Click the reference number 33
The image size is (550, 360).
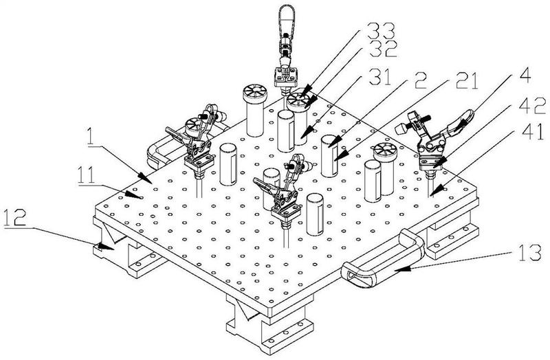pyautogui.click(x=381, y=31)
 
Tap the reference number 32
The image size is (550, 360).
pyautogui.click(x=382, y=49)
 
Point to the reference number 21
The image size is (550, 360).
pyautogui.click(x=466, y=81)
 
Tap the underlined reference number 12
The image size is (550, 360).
pyautogui.click(x=15, y=218)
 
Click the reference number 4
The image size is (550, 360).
pyautogui.click(x=525, y=76)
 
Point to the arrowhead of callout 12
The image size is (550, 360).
pyautogui.click(x=104, y=247)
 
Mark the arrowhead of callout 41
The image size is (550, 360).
pyautogui.click(x=434, y=192)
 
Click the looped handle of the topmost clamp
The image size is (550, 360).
pyautogui.click(x=287, y=19)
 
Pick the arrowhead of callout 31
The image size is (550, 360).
pyautogui.click(x=305, y=134)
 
